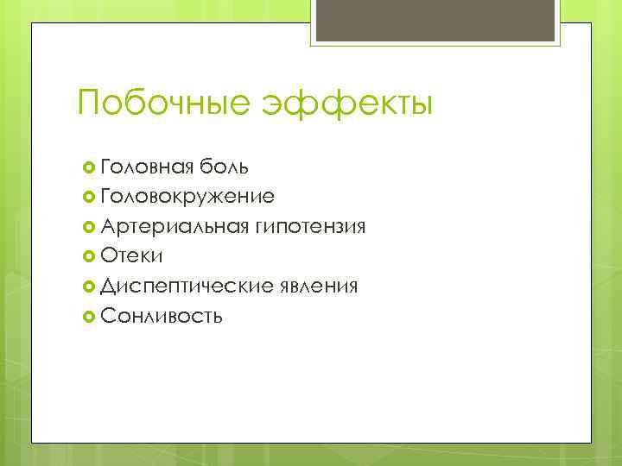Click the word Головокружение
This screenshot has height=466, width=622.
187,197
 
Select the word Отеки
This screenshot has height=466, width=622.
130,255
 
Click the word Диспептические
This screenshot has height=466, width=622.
187,286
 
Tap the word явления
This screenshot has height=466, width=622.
320,286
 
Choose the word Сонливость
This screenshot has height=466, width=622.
162,316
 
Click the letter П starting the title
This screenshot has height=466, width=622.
90,104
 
